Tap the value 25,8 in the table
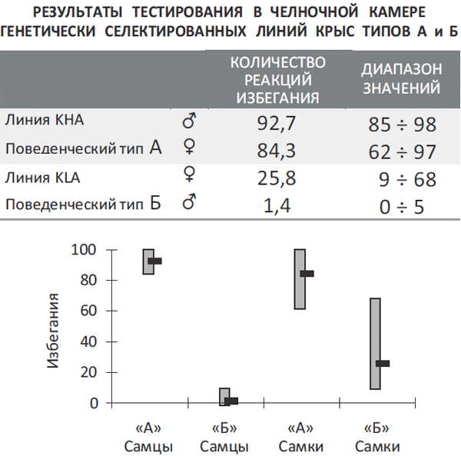(280, 179)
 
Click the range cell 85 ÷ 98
(403, 123)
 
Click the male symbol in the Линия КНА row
(188, 121)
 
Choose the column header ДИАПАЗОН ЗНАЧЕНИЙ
(401, 78)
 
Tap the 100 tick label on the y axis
(86, 249)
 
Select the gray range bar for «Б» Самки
(375, 343)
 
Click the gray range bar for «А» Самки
(300, 278)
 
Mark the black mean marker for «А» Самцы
(154, 261)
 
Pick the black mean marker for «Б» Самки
(382, 363)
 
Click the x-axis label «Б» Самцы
(224, 438)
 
